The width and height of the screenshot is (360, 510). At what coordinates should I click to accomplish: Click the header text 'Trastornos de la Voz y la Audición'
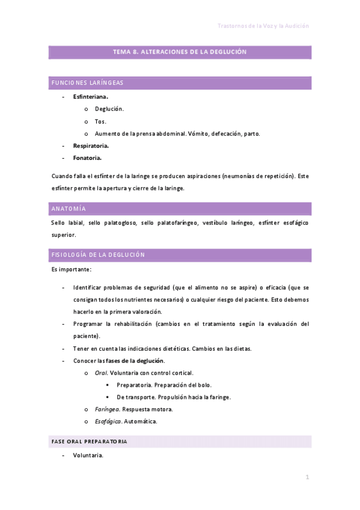263,26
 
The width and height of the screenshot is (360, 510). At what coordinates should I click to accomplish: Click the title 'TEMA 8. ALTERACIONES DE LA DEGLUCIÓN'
180,52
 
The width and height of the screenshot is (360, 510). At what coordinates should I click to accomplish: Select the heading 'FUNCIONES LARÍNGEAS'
88,83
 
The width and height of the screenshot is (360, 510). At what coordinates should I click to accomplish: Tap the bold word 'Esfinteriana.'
91,96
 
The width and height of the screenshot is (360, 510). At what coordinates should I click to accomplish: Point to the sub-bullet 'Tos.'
100,121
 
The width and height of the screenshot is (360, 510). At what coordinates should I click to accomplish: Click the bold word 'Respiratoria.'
91,146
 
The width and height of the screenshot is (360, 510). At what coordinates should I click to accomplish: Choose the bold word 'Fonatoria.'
87,158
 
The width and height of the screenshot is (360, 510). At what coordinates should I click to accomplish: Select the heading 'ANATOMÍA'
69,209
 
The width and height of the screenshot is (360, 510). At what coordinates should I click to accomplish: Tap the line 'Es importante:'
72,269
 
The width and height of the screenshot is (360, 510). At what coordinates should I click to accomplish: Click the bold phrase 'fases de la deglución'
135,361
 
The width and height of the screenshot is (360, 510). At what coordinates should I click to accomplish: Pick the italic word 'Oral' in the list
101,373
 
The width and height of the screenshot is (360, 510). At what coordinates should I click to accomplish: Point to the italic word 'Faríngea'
106,410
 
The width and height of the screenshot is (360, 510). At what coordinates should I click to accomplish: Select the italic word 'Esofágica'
108,422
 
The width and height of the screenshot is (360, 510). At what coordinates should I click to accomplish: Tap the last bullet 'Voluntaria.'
88,455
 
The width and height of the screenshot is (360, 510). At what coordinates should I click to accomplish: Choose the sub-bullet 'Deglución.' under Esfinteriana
109,109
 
